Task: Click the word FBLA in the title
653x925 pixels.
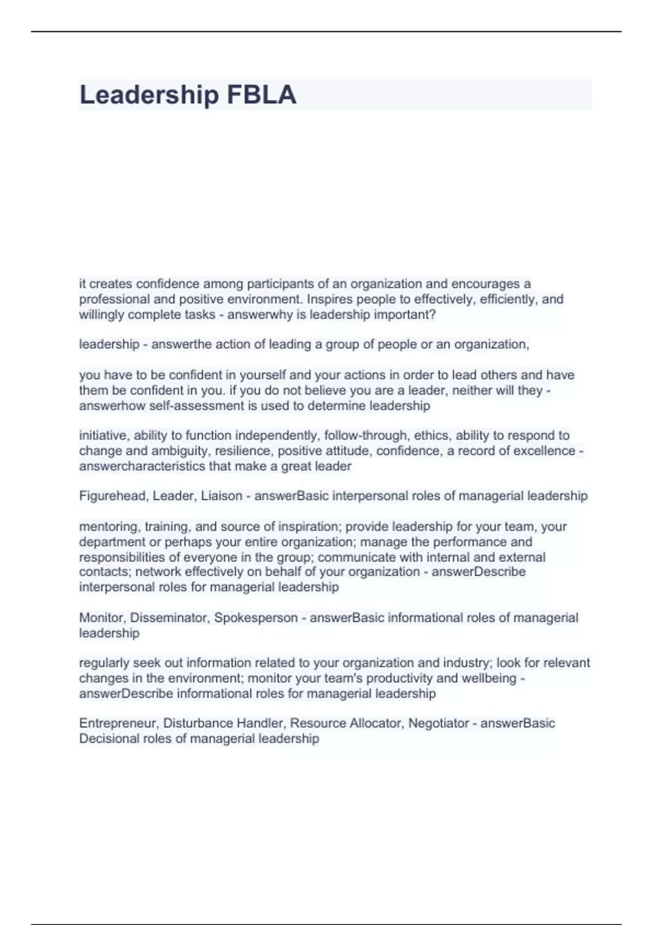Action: pos(261,95)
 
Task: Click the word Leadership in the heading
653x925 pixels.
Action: pos(149,95)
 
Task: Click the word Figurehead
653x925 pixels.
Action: pos(114,496)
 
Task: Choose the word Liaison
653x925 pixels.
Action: pos(221,496)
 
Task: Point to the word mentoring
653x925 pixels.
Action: pos(109,526)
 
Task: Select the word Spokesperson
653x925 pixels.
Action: pos(256,618)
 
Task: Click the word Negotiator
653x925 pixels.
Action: pos(439,723)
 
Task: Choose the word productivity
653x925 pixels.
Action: pos(399,678)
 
